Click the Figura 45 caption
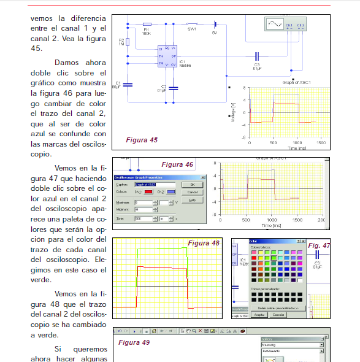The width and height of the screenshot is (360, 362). point(142,140)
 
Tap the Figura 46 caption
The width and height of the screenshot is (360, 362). point(177,164)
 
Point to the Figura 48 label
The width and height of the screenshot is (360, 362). point(203,243)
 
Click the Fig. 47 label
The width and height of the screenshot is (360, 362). point(319,245)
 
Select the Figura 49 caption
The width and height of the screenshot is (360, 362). point(134,342)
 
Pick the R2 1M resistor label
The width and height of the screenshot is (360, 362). point(121,42)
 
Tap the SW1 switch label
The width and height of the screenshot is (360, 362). point(191,29)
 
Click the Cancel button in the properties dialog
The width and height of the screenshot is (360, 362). point(192,192)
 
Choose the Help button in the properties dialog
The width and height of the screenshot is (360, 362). point(192,200)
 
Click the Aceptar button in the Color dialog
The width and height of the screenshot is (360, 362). point(260,315)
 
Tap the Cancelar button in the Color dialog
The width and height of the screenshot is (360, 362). point(279,315)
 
